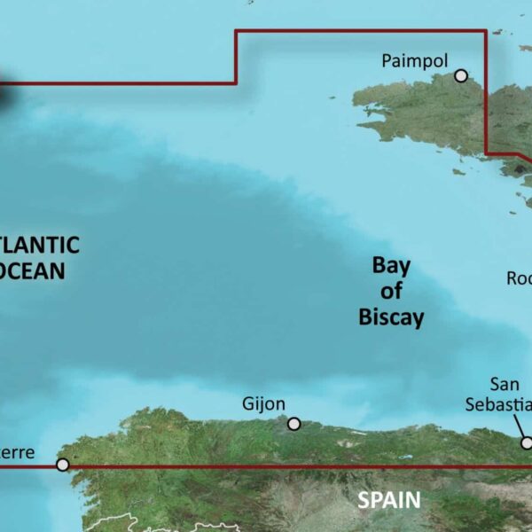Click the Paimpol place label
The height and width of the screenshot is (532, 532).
415,61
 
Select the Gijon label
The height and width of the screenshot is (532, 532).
264,404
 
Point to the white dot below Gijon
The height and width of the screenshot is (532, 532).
294,424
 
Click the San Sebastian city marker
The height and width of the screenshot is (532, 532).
526,442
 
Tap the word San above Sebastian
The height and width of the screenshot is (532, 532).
507,384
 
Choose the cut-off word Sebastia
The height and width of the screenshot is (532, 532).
499,403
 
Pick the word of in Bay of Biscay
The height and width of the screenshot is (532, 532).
391,290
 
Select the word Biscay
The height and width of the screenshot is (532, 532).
391,317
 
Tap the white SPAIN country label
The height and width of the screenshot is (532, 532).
388,500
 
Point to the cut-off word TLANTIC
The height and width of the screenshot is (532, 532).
39,244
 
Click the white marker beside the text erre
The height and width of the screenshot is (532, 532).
62,464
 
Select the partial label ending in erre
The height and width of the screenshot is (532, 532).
17,453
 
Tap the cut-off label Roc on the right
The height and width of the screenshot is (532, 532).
519,278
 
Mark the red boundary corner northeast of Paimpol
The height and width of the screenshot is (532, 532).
486,32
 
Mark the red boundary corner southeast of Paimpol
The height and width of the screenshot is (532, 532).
489,154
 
